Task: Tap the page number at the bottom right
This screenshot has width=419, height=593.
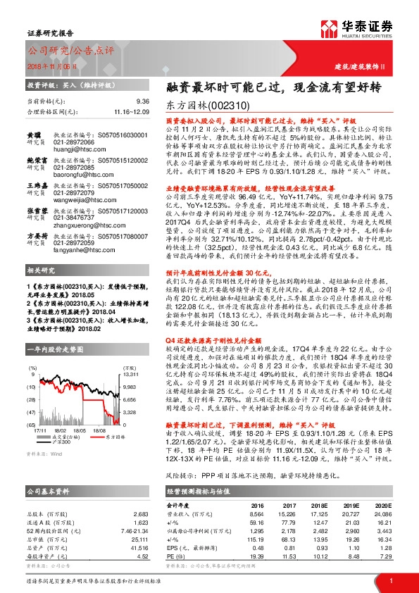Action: point(391,580)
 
